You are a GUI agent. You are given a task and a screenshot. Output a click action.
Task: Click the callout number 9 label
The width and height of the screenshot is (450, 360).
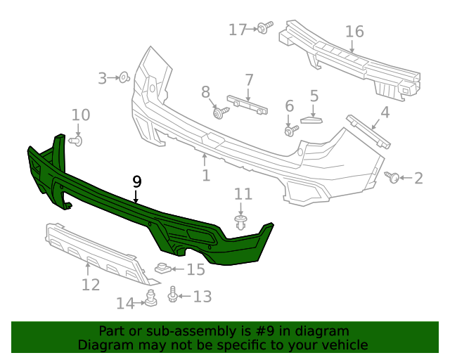[137, 181]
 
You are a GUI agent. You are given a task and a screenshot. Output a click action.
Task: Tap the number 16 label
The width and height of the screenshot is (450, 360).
[354, 31]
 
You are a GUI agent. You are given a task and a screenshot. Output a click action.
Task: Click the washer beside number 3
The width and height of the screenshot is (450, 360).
[123, 77]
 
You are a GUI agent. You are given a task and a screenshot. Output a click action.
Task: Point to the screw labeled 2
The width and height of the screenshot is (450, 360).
[394, 178]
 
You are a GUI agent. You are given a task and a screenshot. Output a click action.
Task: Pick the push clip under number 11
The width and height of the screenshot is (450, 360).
[241, 224]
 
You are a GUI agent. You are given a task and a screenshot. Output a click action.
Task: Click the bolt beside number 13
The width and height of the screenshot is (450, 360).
[173, 295]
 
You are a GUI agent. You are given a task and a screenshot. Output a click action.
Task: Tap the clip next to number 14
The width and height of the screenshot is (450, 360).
[150, 299]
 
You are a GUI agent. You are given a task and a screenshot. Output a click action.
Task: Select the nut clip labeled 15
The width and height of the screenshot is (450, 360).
[162, 268]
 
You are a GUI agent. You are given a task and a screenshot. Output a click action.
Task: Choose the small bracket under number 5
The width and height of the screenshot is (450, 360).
[310, 118]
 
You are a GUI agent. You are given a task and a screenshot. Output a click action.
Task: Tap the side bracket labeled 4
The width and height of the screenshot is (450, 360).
[369, 131]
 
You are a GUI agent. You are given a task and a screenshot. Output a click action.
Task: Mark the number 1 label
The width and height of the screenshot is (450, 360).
[206, 174]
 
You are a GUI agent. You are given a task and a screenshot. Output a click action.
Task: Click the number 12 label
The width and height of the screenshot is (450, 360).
[91, 285]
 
